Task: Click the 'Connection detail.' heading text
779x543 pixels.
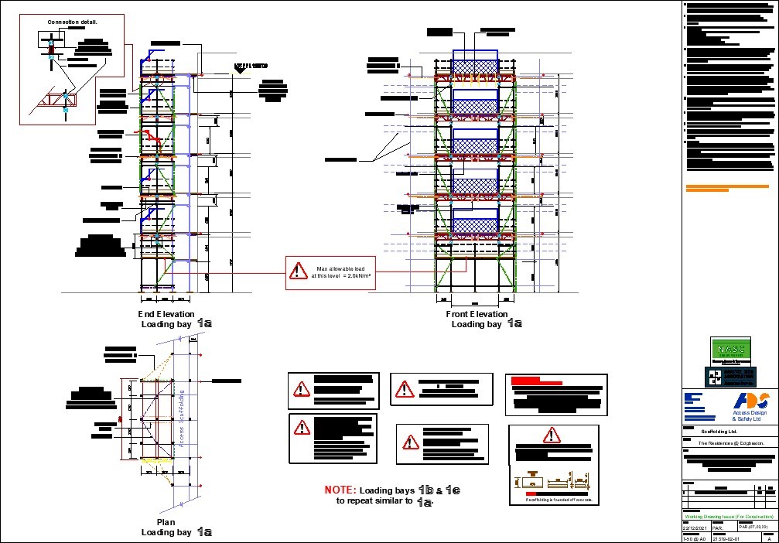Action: [73, 22]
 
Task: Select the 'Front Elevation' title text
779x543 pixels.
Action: [477, 314]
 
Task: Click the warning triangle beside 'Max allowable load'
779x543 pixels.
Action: [298, 271]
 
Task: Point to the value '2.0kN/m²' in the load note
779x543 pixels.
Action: [358, 275]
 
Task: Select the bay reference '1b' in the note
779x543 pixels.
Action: [425, 490]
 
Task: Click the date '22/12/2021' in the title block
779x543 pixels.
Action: [695, 527]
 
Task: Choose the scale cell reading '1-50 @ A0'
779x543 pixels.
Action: [695, 539]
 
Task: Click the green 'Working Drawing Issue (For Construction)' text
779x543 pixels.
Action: [729, 516]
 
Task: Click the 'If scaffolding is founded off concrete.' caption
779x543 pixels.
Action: [559, 500]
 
